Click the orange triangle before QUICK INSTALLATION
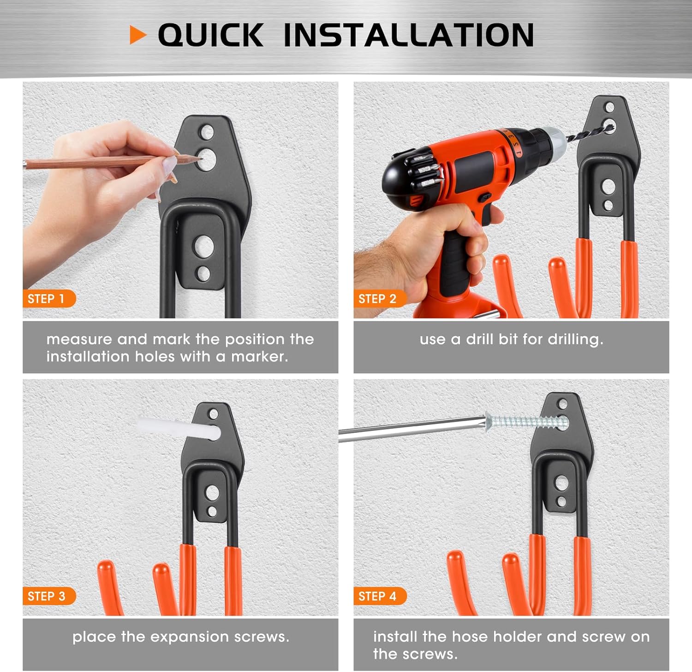pos(137,35)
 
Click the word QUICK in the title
pos(210,35)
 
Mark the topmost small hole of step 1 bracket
pos(206,132)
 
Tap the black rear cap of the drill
pos(397,180)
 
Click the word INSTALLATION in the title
pos(408,35)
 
